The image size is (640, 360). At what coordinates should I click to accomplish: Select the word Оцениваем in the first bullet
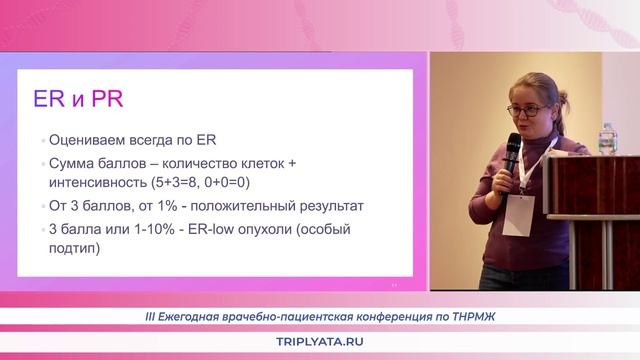click(92, 141)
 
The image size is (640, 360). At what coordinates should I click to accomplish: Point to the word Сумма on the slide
click(73, 163)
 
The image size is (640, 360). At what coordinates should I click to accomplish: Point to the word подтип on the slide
click(73, 250)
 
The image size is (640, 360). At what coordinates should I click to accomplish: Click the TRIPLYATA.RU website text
click(319, 342)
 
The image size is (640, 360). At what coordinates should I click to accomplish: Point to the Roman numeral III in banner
click(151, 317)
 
